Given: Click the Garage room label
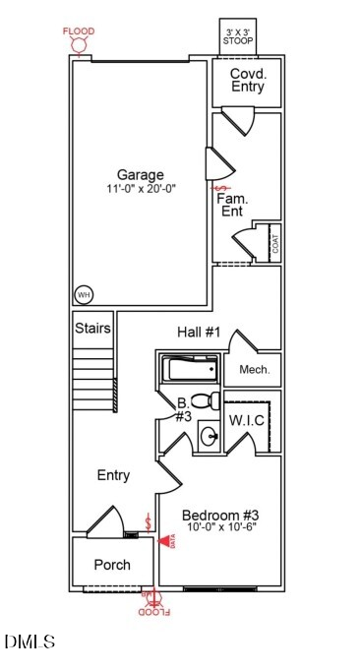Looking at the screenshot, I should (x=142, y=175).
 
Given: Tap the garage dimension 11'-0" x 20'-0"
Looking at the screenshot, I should (x=142, y=189).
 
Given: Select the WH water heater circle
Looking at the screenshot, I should (x=84, y=293).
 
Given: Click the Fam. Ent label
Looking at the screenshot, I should (x=232, y=205).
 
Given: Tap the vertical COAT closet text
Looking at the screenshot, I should (x=274, y=242).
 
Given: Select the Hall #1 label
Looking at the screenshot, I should (x=198, y=333).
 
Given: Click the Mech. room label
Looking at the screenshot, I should (x=253, y=371).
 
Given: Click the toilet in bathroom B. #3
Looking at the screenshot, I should (x=204, y=401).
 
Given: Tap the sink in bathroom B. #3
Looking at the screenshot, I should (x=209, y=434).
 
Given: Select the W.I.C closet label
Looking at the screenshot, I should (x=246, y=420).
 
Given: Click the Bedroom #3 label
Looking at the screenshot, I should (x=220, y=515).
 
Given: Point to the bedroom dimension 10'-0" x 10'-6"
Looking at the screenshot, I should (x=220, y=528).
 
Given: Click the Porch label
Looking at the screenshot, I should (x=112, y=565).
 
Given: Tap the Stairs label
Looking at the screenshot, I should (x=92, y=328).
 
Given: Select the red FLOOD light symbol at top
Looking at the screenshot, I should (x=80, y=43).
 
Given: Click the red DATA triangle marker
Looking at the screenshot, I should (x=162, y=541).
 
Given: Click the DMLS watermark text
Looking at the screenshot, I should (x=30, y=642).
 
